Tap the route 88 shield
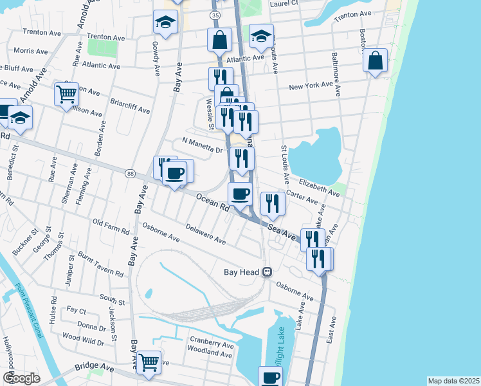point(131,174)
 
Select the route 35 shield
point(215,14)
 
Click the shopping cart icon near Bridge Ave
point(149,363)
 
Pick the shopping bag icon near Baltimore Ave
point(375,61)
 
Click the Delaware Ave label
point(206,234)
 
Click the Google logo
point(21,378)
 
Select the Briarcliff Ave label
point(131,106)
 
